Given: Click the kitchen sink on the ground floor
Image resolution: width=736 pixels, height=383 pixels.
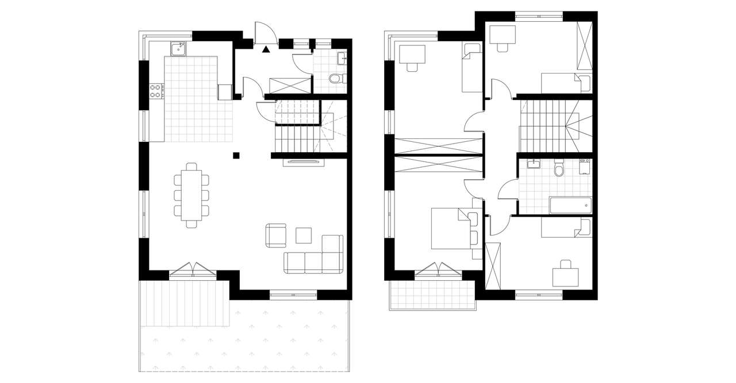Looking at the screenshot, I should click(179, 48).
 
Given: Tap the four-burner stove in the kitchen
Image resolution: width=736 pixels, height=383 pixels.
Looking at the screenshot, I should click(156, 90).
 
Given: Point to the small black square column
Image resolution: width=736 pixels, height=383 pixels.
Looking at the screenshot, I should click(236, 154).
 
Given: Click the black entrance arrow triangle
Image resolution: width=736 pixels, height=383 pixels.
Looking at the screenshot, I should click(266, 50).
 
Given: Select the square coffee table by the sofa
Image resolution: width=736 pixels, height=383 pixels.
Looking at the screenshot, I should click(303, 235).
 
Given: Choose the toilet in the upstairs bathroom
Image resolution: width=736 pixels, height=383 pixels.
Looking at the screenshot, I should click(557, 170).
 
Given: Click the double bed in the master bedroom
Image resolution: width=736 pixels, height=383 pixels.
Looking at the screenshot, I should click(451, 229).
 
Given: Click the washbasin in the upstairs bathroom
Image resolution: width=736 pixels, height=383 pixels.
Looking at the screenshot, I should click(534, 165).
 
